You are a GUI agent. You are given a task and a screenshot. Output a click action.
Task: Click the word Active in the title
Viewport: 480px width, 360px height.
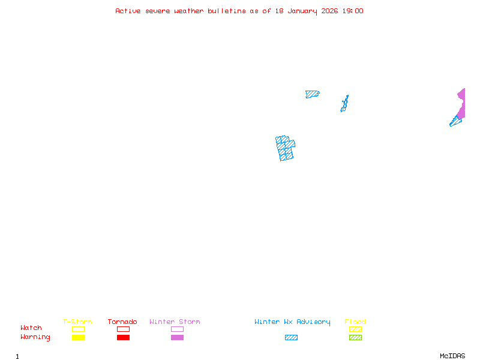pyautogui.click(x=128, y=11)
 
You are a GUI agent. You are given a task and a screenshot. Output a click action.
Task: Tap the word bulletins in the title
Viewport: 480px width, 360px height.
pyautogui.click(x=226, y=11)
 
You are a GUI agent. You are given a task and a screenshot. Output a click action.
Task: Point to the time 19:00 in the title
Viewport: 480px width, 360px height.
pyautogui.click(x=352, y=11)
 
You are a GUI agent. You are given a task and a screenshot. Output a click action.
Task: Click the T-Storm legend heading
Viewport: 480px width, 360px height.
pyautogui.click(x=77, y=322)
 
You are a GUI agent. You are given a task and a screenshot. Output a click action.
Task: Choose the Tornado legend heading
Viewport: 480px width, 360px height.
pyautogui.click(x=122, y=322)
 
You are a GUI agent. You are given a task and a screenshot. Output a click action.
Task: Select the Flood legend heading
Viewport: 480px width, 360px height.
pyautogui.click(x=355, y=322)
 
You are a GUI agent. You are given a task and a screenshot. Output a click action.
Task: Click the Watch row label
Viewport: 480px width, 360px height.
pyautogui.click(x=31, y=328)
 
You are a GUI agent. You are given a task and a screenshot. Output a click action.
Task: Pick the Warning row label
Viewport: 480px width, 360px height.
pyautogui.click(x=35, y=337)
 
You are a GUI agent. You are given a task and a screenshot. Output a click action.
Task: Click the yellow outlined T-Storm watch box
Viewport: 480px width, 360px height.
pyautogui.click(x=78, y=329)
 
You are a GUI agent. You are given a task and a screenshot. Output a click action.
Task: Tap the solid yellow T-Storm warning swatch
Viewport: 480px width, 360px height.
pyautogui.click(x=78, y=338)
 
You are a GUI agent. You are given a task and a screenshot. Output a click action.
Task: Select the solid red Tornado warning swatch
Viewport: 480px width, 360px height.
pyautogui.click(x=123, y=338)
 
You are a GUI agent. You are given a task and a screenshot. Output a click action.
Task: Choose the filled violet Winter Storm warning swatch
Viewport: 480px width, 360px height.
pyautogui.click(x=177, y=338)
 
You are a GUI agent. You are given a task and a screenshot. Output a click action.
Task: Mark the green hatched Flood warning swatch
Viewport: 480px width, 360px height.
pyautogui.click(x=355, y=338)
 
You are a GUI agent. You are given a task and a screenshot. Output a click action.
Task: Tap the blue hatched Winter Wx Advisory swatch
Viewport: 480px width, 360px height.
pyautogui.click(x=291, y=338)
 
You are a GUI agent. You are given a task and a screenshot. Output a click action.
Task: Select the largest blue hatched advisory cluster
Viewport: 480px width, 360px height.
pyautogui.click(x=285, y=148)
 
